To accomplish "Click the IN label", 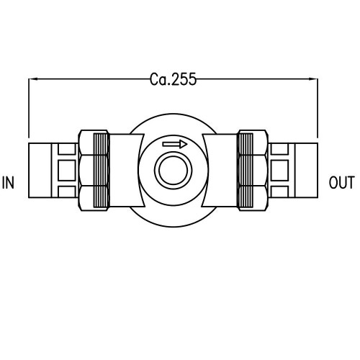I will coord(9,182).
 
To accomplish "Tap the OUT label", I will coord(341,182).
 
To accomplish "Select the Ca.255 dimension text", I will coord(174,78).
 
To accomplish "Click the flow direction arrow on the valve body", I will coord(175,144).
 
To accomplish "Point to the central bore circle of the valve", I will coord(174,171).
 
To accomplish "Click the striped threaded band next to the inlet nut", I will coord(102,171).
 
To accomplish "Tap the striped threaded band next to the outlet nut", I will coord(245,171).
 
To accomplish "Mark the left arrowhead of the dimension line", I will coord(32,78).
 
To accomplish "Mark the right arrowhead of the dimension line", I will coord(314,78).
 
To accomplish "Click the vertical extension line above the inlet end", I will coord(28,108).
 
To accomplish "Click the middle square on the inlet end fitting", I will coord(66,171).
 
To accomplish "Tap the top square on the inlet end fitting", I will coord(66,149).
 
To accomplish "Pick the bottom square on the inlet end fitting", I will coord(66,192).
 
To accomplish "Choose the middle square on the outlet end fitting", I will coord(280,171).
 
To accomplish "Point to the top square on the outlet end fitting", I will coord(280,149).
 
